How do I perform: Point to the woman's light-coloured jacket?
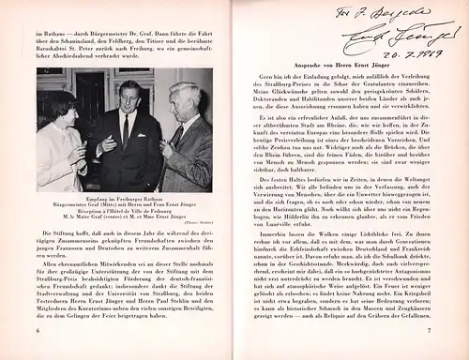[58, 150]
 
